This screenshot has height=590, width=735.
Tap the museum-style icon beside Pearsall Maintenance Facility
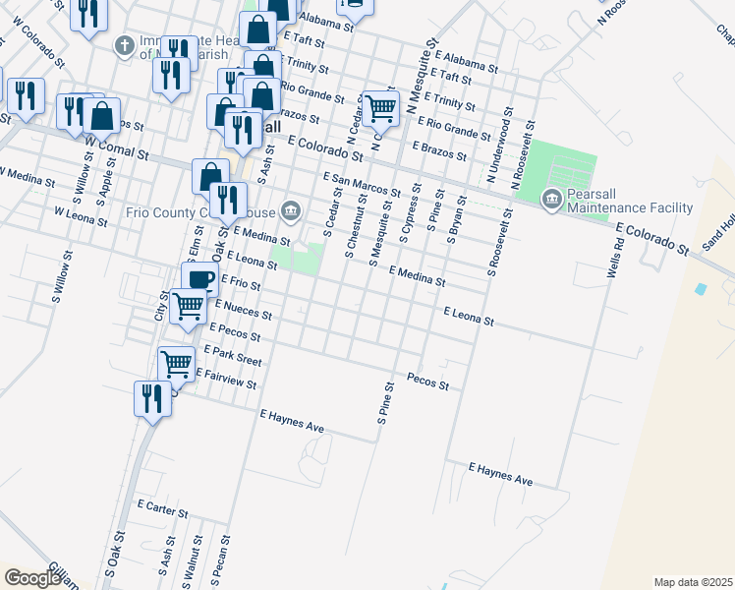[551, 200]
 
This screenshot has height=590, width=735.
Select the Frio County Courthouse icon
[292, 209]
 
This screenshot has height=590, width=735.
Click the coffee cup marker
[199, 279]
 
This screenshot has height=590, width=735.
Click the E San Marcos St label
[362, 184]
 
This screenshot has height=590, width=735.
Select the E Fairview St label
[226, 378]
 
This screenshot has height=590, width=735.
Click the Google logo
[34, 577]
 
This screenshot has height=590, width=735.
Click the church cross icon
[124, 45]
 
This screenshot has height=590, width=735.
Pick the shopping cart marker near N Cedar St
[379, 108]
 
